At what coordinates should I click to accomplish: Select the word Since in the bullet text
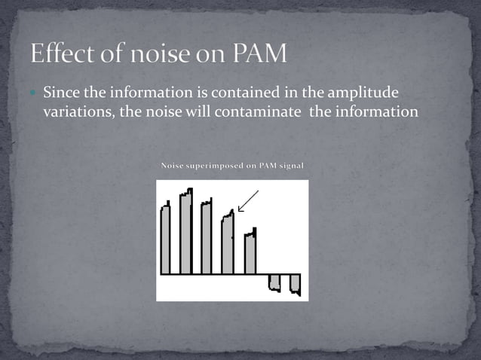coord(60,93)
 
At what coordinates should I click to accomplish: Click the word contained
coord(241,93)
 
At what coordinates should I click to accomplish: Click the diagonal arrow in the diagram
coord(248,201)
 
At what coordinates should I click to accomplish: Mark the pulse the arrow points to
coord(227,244)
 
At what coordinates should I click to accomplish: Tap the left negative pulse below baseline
coord(274,282)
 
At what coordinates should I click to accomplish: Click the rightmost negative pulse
coord(295,284)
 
